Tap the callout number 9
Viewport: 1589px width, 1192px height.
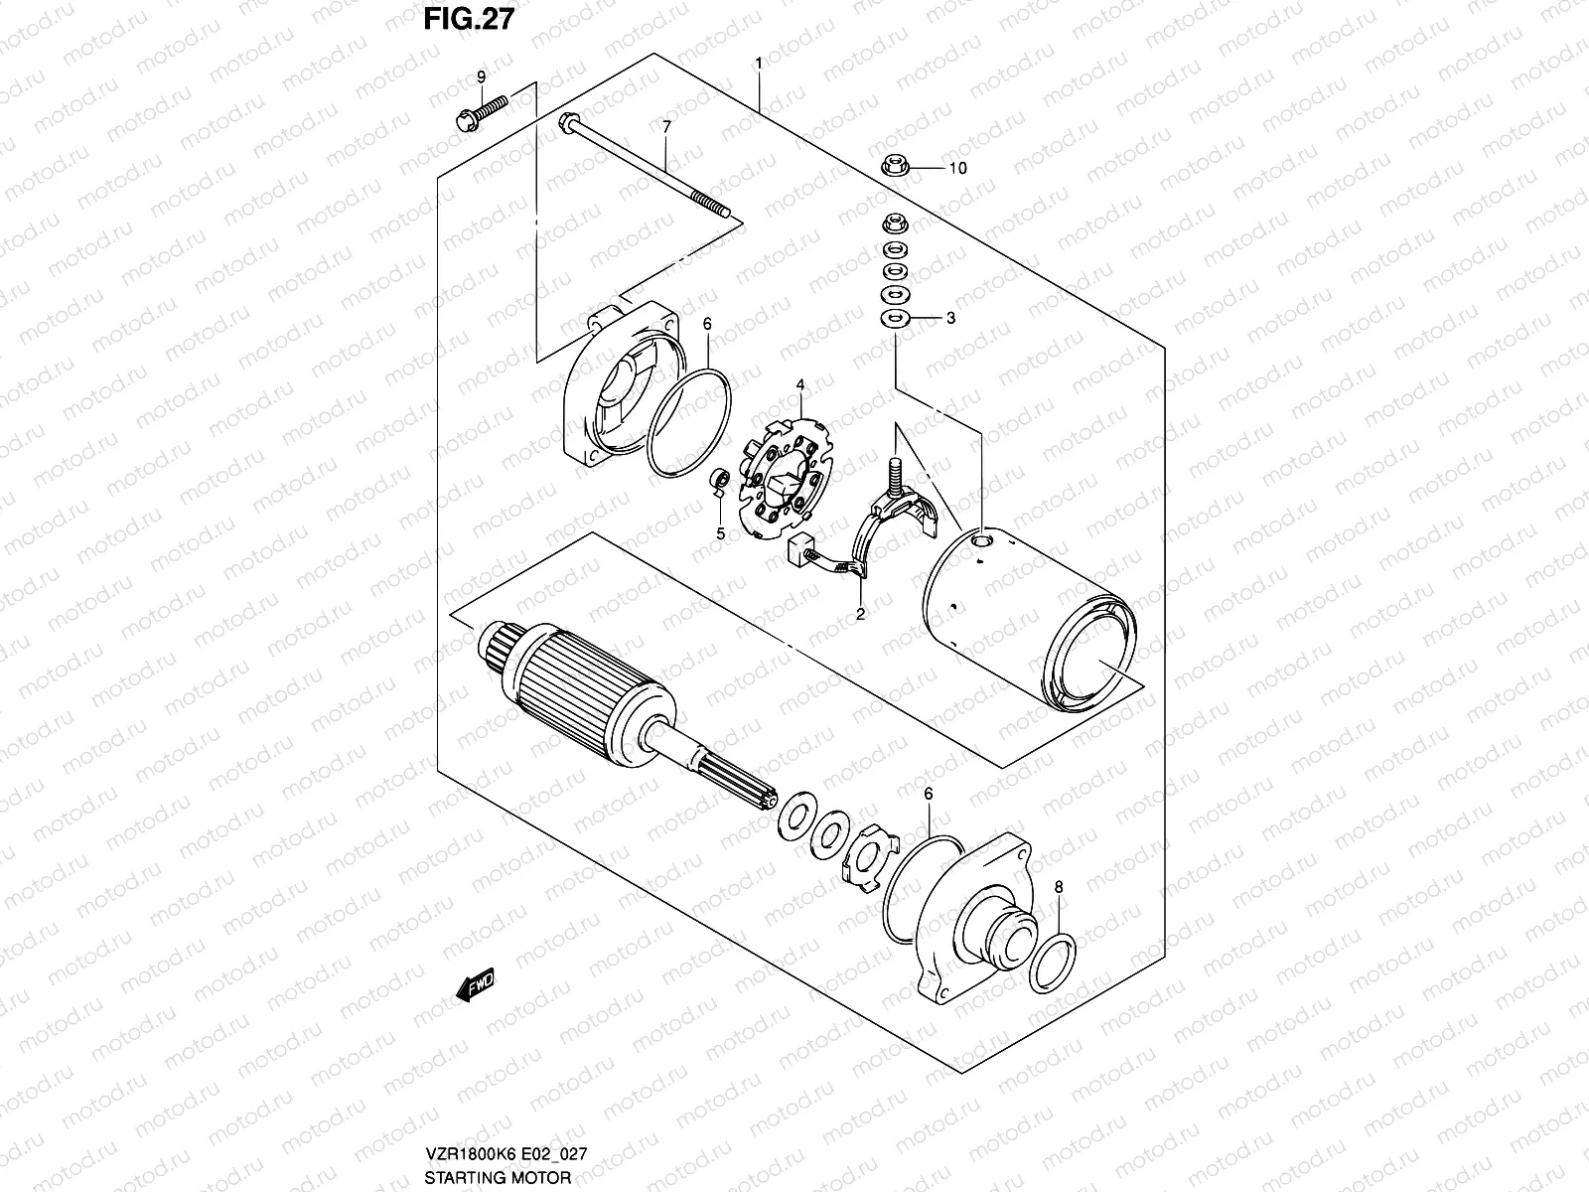[x=482, y=76]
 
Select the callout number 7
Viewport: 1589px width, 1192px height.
[x=666, y=126]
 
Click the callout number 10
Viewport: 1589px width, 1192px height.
[x=957, y=169]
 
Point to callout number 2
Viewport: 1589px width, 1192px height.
[x=860, y=614]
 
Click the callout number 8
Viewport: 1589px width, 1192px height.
[x=1059, y=886]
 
